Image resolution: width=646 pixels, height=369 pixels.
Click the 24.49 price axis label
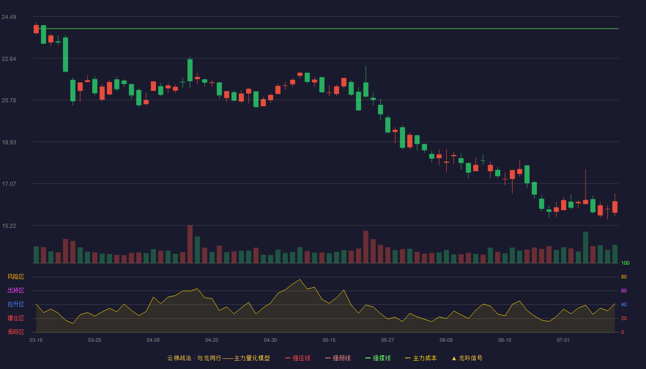[9, 17]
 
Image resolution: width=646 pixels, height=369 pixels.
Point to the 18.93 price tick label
[9, 143]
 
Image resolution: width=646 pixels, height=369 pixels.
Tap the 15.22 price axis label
[9, 226]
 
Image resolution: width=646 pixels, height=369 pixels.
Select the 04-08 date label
[153, 340]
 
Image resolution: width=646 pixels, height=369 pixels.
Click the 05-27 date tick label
[387, 340]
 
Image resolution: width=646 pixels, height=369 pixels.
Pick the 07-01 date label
[563, 340]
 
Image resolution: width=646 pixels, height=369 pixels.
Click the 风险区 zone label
[16, 277]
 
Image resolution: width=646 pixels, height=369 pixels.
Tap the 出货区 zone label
[16, 290]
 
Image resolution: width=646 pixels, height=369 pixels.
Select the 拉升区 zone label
[16, 304]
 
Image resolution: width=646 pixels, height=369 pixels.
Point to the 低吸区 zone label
[16, 332]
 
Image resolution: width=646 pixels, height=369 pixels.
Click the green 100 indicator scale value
[625, 263]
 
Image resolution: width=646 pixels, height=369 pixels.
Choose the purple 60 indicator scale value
[624, 291]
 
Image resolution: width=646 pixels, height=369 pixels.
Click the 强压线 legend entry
[298, 358]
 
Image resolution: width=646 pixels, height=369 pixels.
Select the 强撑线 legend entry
[378, 358]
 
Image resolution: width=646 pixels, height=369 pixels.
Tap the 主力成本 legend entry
[421, 358]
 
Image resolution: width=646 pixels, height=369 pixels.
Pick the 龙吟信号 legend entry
[467, 358]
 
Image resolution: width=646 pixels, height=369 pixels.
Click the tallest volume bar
[190, 244]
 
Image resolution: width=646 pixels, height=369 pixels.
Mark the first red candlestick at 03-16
[36, 29]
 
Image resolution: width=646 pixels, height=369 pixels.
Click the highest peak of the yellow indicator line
[300, 280]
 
